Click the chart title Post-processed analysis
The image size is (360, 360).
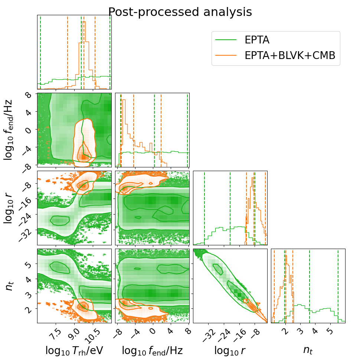(180, 12)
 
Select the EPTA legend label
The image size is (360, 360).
(257, 40)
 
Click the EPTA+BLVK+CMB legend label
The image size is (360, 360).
(290, 55)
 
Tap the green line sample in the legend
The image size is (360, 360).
(226, 40)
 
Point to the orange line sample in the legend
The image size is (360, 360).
(226, 55)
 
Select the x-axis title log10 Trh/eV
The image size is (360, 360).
(74, 351)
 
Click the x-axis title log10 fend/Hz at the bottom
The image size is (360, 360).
(152, 351)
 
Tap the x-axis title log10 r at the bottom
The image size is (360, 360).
(230, 351)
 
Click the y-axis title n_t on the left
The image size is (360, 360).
(9, 286)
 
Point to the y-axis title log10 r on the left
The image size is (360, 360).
(8, 208)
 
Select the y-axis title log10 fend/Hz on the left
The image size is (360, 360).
(8, 130)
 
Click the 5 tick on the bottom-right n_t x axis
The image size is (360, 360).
(330, 331)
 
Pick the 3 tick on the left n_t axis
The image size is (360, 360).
(29, 294)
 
